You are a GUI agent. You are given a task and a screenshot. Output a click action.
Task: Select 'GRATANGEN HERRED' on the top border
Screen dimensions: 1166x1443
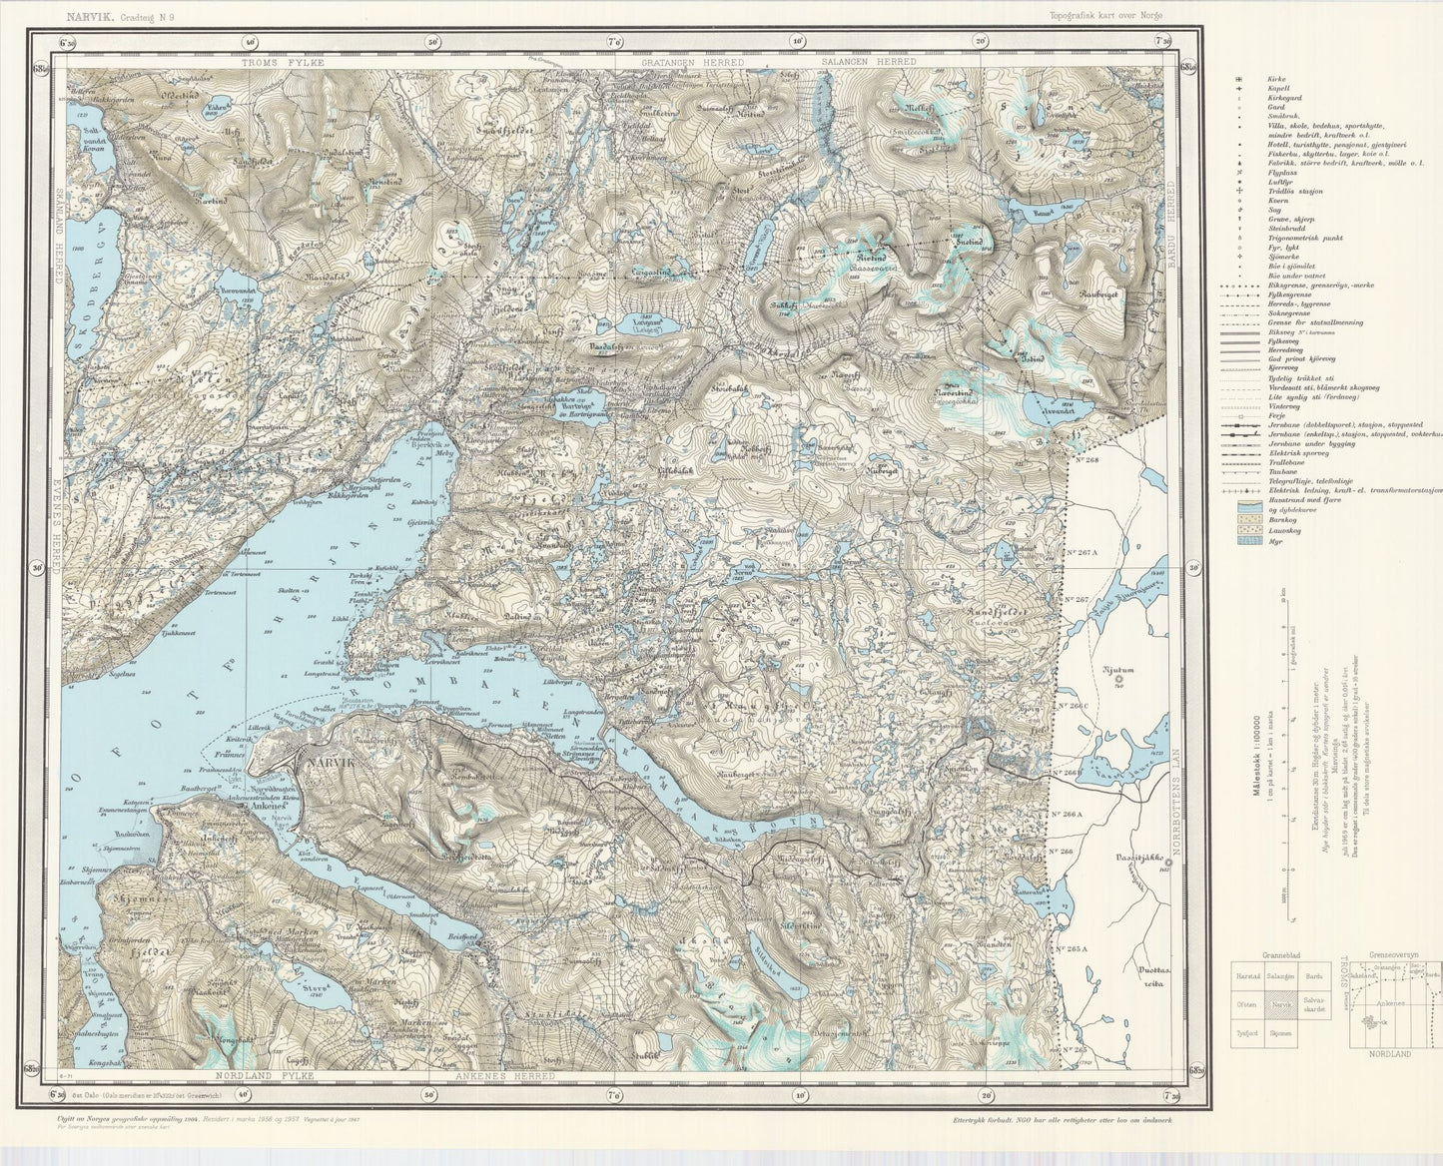(693, 62)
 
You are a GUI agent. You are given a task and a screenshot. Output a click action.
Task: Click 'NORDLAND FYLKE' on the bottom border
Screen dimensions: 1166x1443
(265, 1076)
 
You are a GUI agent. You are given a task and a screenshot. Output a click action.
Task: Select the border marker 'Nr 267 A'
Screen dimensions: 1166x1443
(1082, 552)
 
